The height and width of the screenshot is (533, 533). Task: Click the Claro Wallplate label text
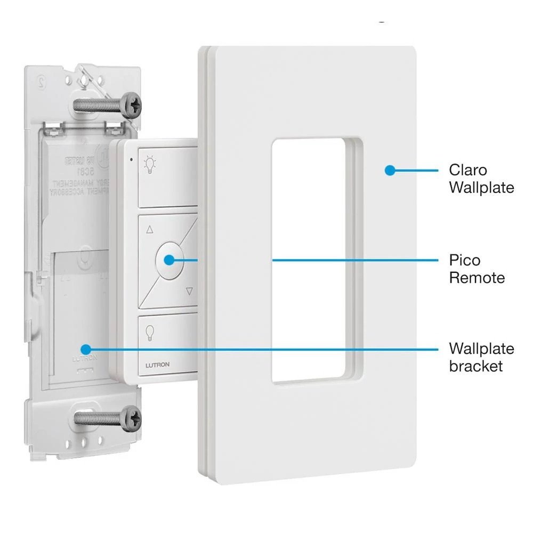coord(481,179)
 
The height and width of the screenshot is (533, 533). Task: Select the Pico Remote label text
coord(476,269)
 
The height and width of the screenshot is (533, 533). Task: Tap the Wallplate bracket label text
coord(481,357)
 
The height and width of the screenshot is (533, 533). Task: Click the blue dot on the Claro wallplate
coord(390,171)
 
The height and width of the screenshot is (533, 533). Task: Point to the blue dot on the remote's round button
coord(169,260)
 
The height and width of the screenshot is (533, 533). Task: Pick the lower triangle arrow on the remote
coord(189,291)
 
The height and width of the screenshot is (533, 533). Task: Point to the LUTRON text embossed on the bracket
coord(84,359)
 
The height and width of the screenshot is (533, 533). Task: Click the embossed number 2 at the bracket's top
coord(40,80)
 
